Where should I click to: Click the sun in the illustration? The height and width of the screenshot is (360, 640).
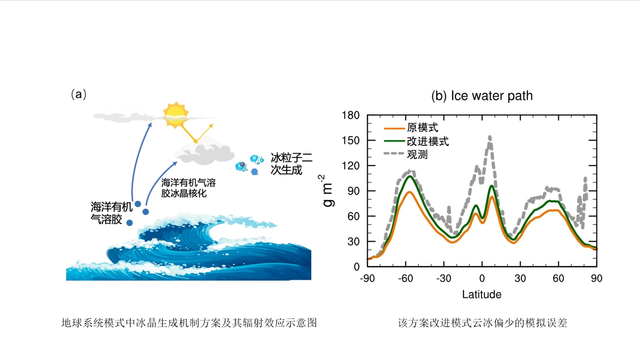point(176,113)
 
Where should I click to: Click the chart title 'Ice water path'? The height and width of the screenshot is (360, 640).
point(482,96)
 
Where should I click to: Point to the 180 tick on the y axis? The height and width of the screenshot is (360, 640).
point(350,115)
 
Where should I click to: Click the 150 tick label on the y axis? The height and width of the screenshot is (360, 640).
point(350,140)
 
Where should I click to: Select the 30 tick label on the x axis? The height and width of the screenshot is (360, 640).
point(520,278)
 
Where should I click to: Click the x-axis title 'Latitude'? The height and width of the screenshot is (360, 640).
point(481,294)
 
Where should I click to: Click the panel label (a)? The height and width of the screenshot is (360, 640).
point(79,94)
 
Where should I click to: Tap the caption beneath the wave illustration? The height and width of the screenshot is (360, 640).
point(189,323)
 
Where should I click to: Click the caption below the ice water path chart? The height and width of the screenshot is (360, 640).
point(482,323)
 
